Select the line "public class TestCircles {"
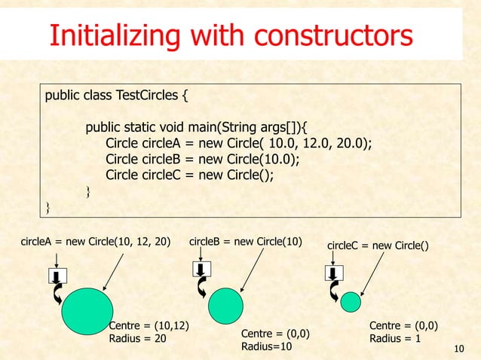click(117, 96)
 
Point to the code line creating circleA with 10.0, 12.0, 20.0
click(239, 143)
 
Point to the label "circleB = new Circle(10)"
click(245, 242)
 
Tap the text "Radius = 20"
click(137, 338)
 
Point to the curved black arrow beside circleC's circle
click(333, 291)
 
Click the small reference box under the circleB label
click(200, 269)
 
